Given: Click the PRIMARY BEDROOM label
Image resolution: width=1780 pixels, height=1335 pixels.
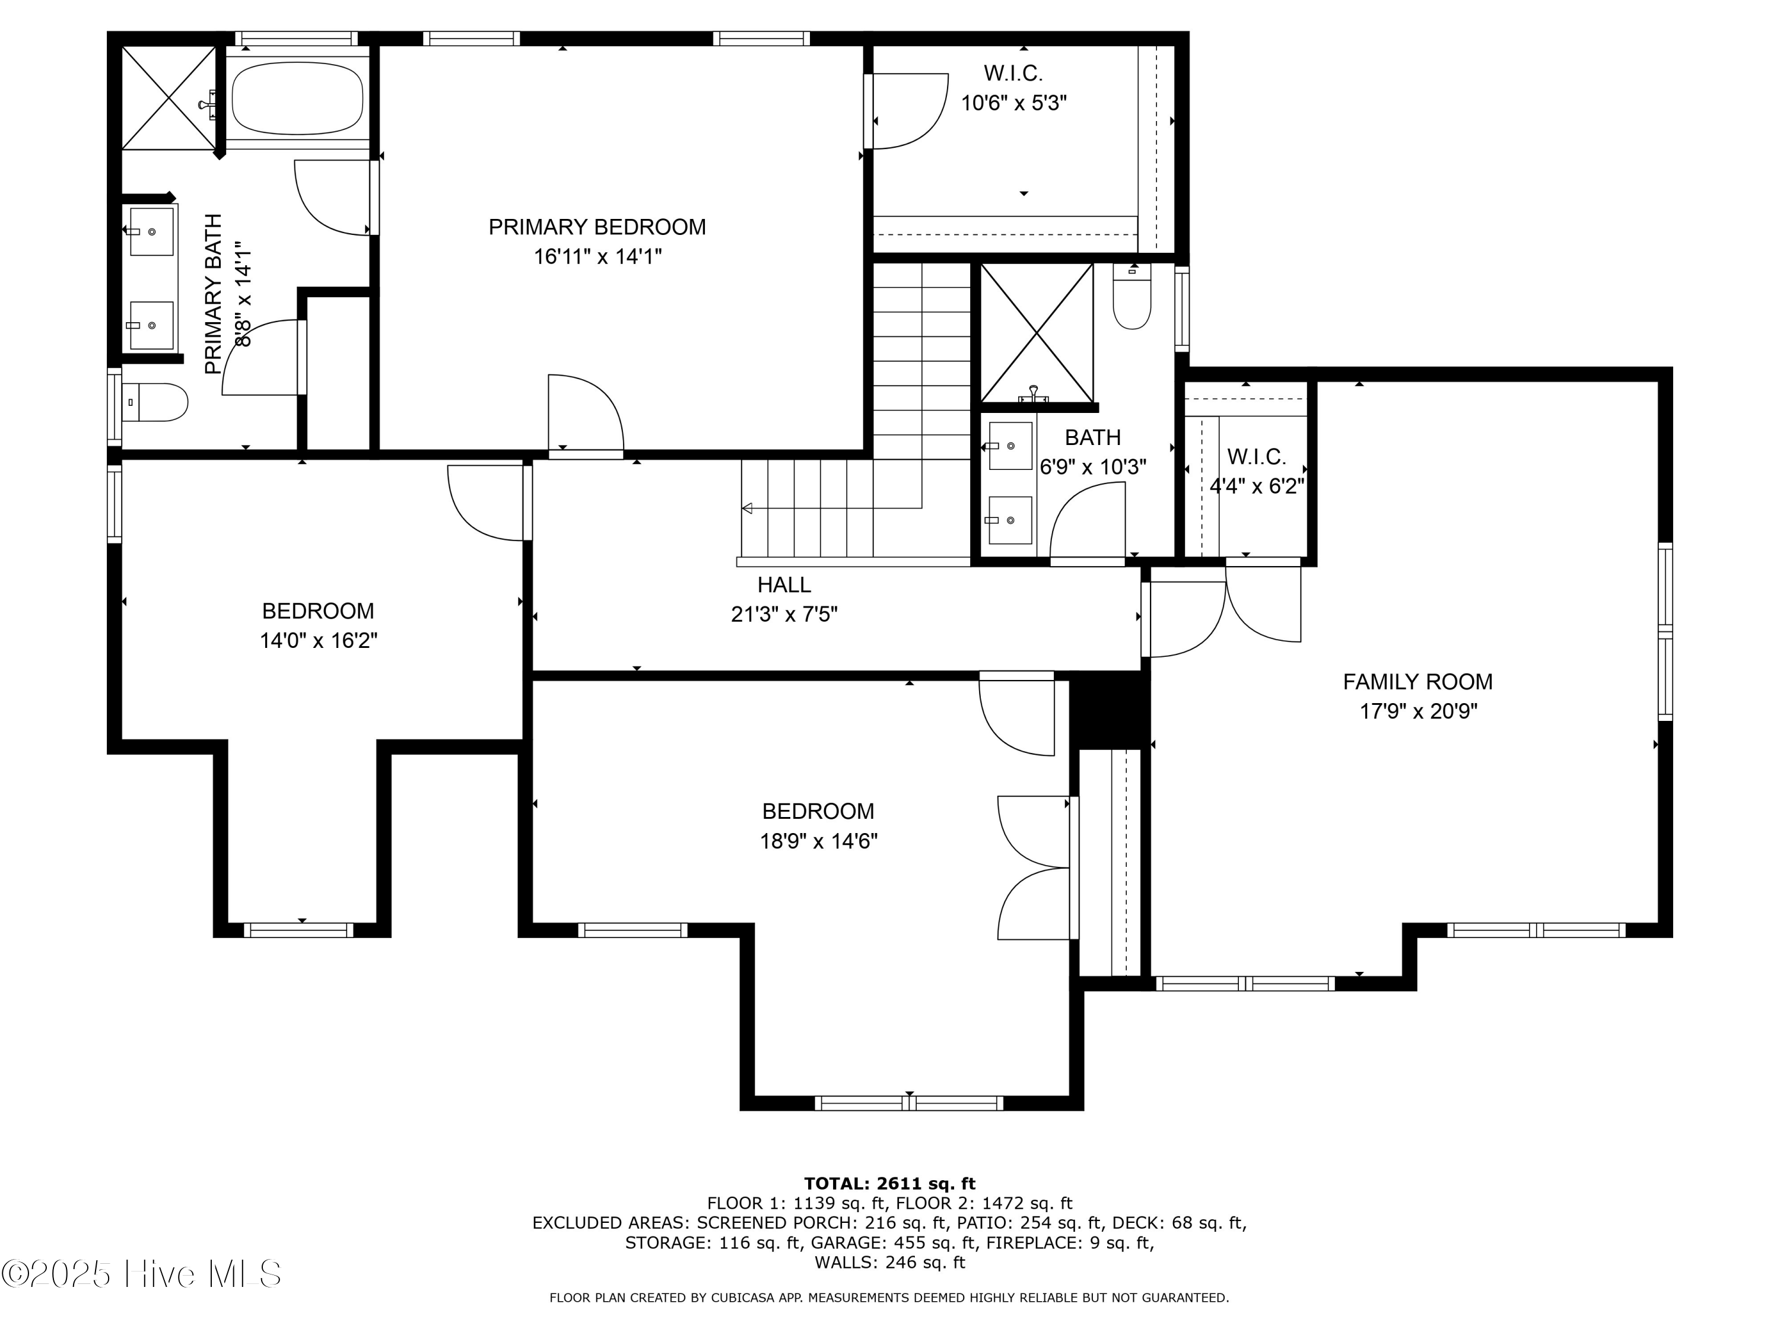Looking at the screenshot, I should (597, 227).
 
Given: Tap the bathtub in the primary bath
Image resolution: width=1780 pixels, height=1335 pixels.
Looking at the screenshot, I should (297, 98).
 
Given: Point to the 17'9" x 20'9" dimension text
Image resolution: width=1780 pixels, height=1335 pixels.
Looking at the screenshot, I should (1418, 711).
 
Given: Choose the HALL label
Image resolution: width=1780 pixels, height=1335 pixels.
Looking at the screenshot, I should (784, 585).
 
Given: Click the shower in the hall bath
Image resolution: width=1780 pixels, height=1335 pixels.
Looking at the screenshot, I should (1037, 332).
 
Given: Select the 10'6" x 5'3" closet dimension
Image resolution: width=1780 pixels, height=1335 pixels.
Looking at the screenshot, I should (1014, 103).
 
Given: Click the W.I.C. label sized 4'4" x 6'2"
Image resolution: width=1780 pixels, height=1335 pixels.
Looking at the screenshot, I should (1256, 457).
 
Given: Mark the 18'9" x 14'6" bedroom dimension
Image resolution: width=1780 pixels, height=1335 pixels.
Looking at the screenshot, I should (818, 841).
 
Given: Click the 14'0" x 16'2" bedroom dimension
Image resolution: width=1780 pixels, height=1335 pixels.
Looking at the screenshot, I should (318, 641).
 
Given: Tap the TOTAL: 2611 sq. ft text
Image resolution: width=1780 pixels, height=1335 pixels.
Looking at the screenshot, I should (889, 1183).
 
